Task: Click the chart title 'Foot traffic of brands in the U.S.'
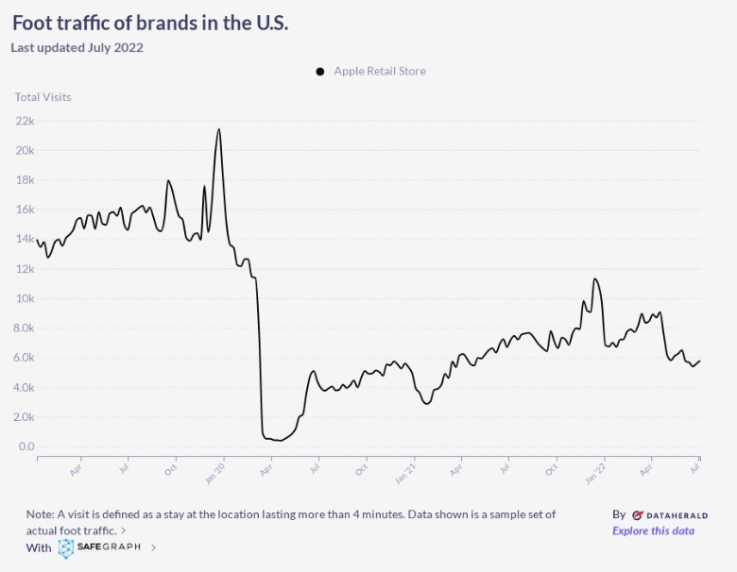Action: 150,23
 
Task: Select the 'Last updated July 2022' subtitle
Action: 77,47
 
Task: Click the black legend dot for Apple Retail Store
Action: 320,71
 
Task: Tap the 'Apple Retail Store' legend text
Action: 380,71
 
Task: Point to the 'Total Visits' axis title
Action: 43,96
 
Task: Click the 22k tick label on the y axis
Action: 25,121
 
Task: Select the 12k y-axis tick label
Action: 25,269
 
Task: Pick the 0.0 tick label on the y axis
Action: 26,446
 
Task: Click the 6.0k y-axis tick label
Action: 25,358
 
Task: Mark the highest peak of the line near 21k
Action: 219,129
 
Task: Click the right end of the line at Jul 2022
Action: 699,361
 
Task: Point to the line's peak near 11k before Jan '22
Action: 594,278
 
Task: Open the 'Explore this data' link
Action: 653,530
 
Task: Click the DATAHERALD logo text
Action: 676,515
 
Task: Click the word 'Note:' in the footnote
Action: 41,514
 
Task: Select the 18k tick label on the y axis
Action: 25,180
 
